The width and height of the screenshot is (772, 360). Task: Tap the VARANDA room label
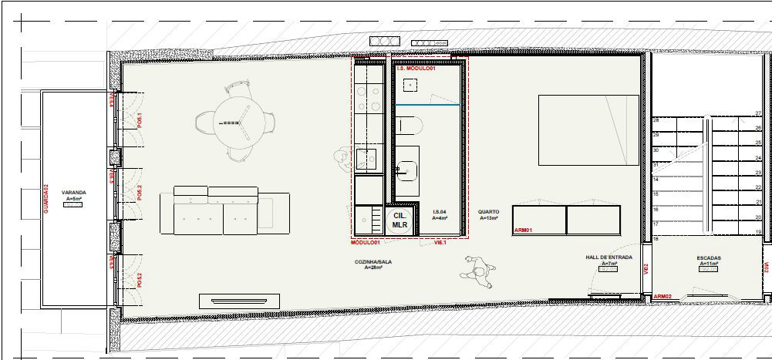tap(73, 193)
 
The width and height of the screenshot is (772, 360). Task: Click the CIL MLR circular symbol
tap(399, 220)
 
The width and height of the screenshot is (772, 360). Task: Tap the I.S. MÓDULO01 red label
tap(416, 69)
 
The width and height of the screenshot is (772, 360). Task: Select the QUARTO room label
tap(488, 211)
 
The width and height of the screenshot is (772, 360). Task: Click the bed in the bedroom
tap(588, 130)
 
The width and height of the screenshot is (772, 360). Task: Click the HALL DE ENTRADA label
tap(609, 257)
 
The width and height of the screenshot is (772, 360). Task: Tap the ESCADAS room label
tap(709, 257)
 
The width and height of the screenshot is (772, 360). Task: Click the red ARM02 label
tap(662, 296)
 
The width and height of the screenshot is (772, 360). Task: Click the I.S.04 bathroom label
tap(440, 211)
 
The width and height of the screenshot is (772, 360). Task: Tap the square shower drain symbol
tap(411, 84)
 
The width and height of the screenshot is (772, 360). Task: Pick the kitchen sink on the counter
tap(366, 159)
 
